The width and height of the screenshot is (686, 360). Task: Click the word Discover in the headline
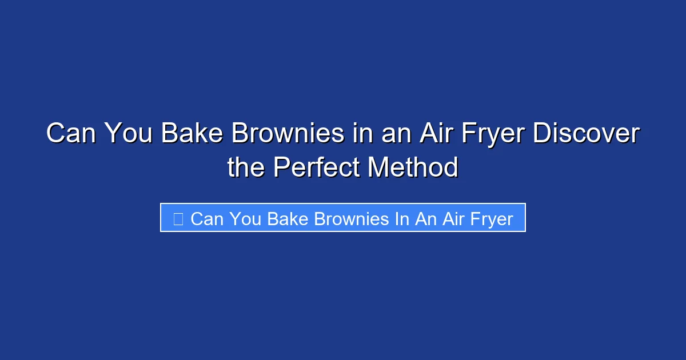(586, 134)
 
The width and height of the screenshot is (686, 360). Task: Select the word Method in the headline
(413, 167)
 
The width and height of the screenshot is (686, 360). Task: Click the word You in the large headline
(127, 134)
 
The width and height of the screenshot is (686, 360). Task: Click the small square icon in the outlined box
(178, 218)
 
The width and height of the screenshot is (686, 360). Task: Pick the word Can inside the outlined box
(206, 218)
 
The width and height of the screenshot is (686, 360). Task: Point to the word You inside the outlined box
(245, 218)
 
